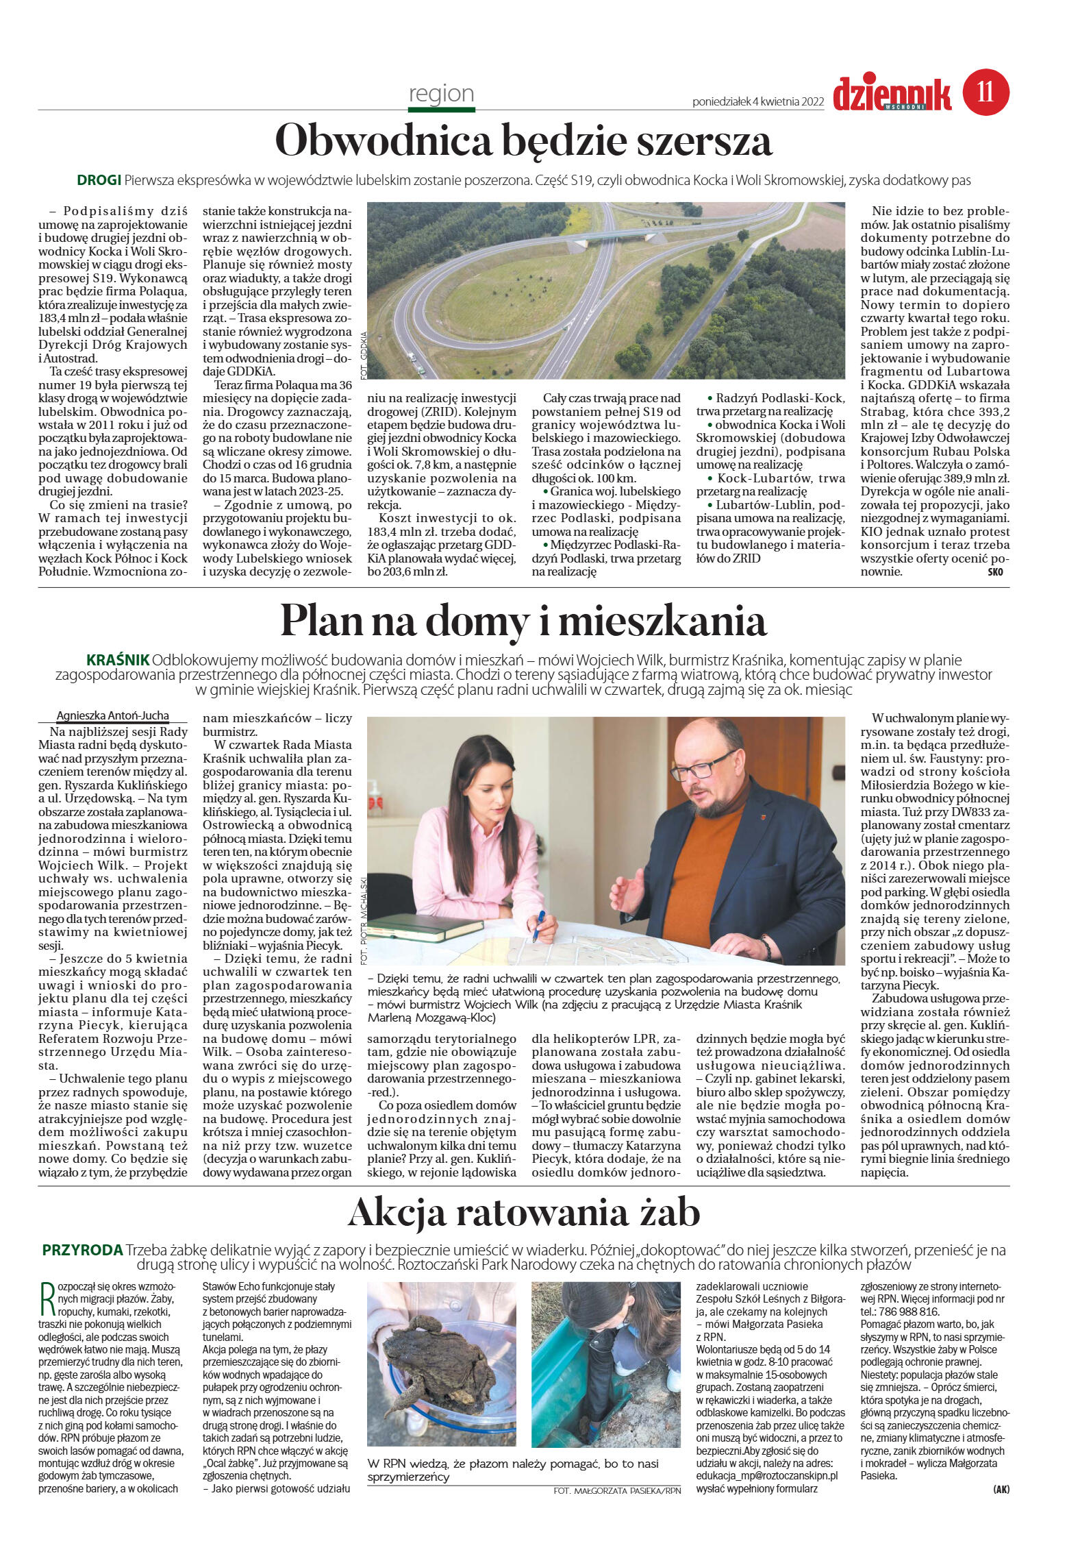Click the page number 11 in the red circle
(x=986, y=92)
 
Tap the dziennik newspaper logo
(x=892, y=95)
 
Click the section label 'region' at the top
(x=441, y=93)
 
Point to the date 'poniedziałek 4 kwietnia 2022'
(x=757, y=102)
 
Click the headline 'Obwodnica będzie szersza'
(x=523, y=141)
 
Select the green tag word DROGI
(x=99, y=181)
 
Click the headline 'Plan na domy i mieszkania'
(x=523, y=621)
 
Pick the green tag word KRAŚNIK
(x=117, y=660)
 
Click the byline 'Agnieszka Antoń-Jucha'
(x=112, y=715)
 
